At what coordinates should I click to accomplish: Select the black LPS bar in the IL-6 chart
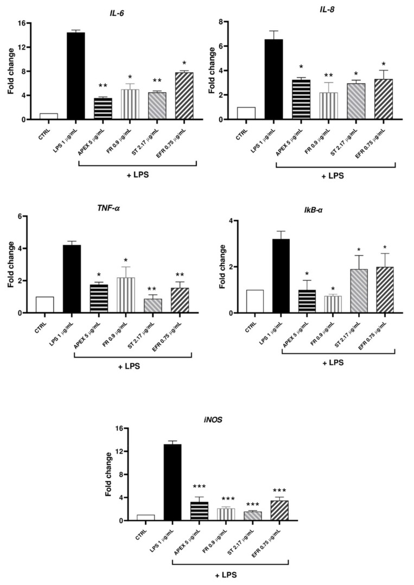76,76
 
